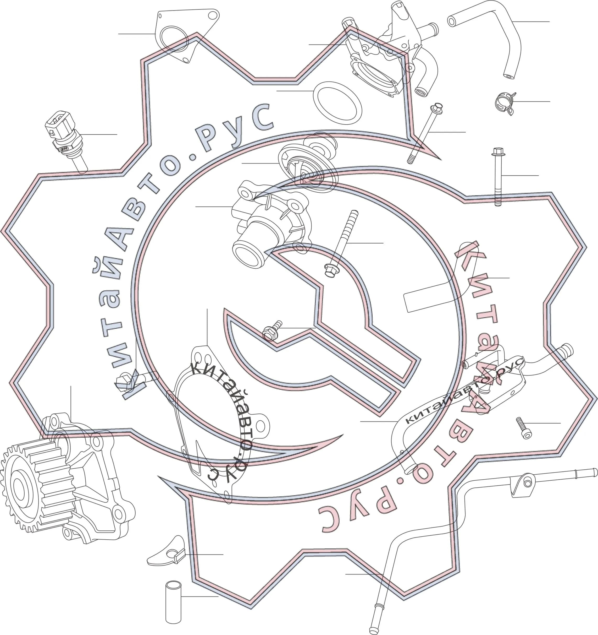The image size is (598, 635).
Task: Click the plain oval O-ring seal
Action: pyautogui.click(x=337, y=103)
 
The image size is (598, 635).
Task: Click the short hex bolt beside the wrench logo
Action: pyautogui.click(x=272, y=330)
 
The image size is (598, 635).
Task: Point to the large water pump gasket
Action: pyautogui.click(x=220, y=425)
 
